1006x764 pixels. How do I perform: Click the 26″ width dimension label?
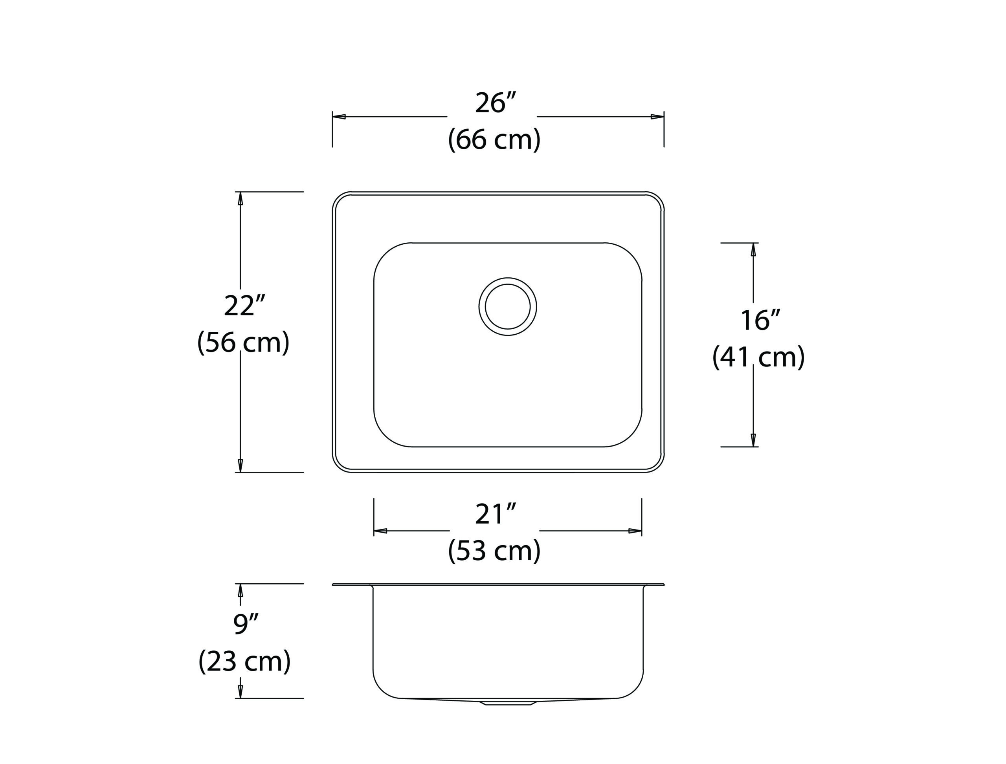click(x=496, y=103)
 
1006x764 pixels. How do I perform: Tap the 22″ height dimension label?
click(x=244, y=306)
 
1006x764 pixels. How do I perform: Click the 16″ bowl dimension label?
click(x=760, y=320)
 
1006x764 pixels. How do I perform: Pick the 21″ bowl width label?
click(x=496, y=514)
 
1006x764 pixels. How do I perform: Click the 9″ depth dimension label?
click(x=246, y=623)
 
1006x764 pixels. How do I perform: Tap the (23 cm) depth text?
click(x=244, y=661)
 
